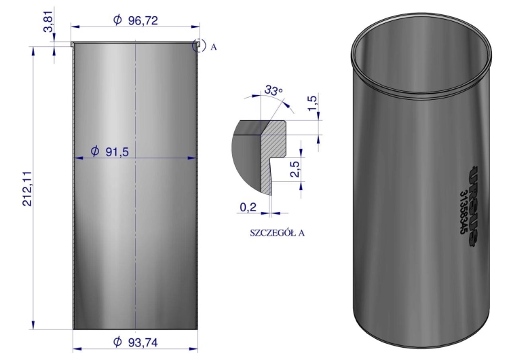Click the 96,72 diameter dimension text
click(143, 20)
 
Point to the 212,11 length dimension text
click(28, 188)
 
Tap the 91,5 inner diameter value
click(117, 151)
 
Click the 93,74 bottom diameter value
click(143, 342)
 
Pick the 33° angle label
click(274, 90)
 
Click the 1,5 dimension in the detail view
click(313, 103)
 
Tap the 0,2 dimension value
click(248, 207)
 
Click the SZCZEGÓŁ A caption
click(277, 232)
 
